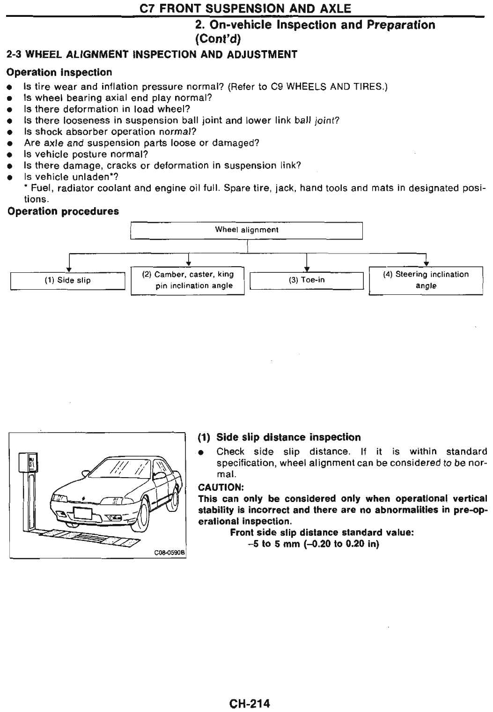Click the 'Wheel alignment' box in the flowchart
[246, 230]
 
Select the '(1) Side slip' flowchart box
[67, 280]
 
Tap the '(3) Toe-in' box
[307, 280]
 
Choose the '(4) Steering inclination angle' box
[426, 280]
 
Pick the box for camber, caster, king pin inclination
[187, 280]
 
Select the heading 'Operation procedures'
[63, 211]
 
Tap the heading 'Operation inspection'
[59, 73]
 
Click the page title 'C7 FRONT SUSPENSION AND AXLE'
[246, 8]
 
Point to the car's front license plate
[82, 512]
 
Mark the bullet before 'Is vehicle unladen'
[10, 178]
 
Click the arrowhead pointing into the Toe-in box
[306, 270]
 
